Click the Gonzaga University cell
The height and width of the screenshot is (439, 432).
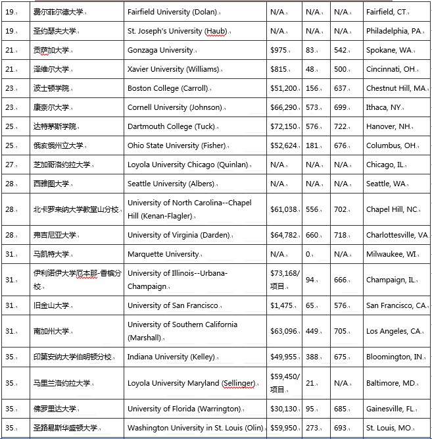pyautogui.click(x=160, y=50)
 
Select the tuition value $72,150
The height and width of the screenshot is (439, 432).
pyautogui.click(x=284, y=126)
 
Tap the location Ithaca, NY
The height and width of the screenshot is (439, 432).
pyautogui.click(x=388, y=107)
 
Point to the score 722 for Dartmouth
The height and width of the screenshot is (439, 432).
pyautogui.click(x=340, y=126)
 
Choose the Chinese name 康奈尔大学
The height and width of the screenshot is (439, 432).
pyautogui.click(x=53, y=107)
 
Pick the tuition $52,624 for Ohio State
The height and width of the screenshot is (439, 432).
pyautogui.click(x=284, y=145)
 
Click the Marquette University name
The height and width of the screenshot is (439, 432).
pyautogui.click(x=163, y=254)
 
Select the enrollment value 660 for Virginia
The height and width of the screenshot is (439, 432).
pyautogui.click(x=312, y=235)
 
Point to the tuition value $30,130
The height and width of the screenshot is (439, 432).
pyautogui.click(x=284, y=409)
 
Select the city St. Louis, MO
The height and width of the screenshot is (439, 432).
pyautogui.click(x=389, y=428)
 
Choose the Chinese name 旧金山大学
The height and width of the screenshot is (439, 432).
pyautogui.click(x=53, y=305)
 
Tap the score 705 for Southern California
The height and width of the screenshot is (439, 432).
pyautogui.click(x=340, y=331)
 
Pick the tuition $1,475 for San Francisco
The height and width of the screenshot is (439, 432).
pyautogui.click(x=281, y=305)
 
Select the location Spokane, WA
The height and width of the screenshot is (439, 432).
pyautogui.click(x=389, y=50)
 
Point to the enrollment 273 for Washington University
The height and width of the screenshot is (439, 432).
pyautogui.click(x=312, y=428)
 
